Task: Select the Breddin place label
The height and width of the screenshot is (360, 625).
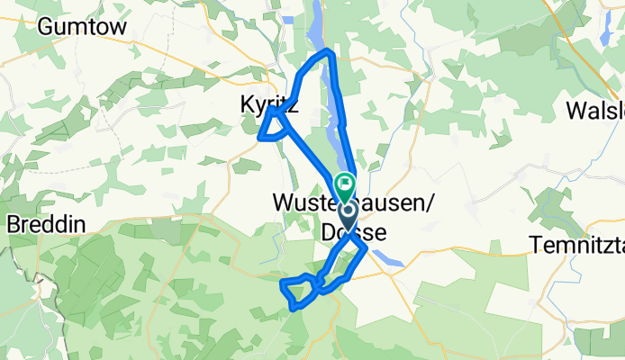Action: pos(45,226)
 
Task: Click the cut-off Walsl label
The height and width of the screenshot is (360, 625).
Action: pos(594,110)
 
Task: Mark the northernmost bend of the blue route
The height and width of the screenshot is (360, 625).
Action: pos(329,52)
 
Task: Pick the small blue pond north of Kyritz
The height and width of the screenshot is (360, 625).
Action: pos(288,19)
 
